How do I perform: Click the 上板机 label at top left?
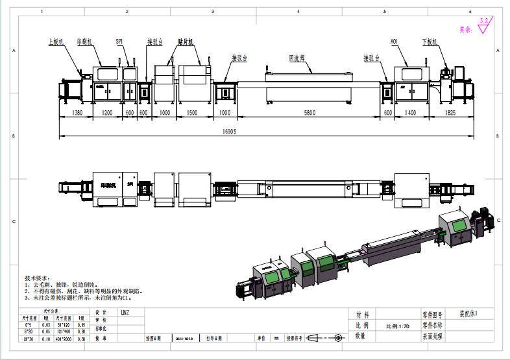(56, 41)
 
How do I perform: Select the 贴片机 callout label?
(187, 41)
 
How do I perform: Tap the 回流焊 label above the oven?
(297, 58)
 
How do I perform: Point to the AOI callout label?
(394, 41)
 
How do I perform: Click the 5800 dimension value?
(310, 113)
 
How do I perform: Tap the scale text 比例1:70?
(398, 326)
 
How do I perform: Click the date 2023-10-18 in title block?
(184, 338)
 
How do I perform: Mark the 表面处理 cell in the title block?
(432, 337)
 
